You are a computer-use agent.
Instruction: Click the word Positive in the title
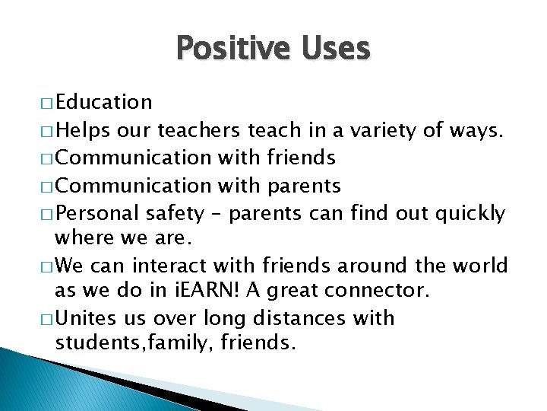[226, 49]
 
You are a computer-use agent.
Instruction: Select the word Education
[104, 102]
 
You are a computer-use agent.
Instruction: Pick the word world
[481, 266]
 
